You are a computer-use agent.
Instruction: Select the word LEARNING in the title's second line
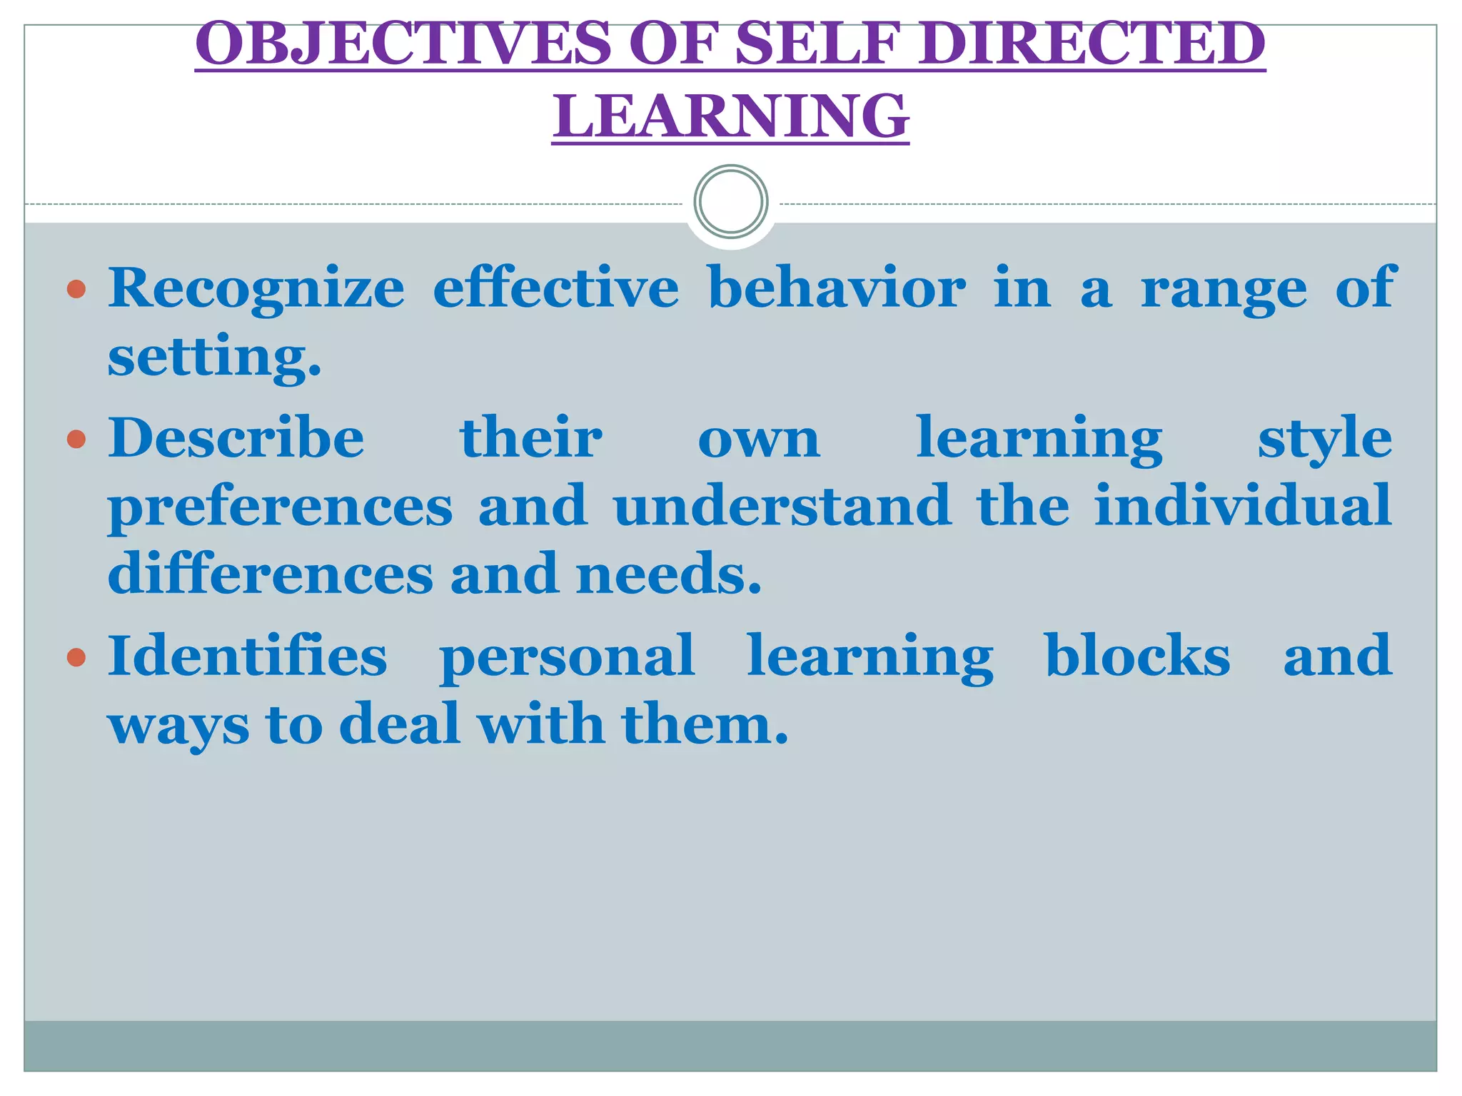click(x=730, y=116)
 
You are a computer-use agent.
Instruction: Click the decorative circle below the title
click(x=730, y=202)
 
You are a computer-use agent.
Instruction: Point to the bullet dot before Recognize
click(x=76, y=289)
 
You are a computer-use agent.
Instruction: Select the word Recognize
click(x=256, y=288)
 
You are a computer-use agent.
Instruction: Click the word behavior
click(x=837, y=288)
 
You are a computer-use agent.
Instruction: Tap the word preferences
click(x=281, y=507)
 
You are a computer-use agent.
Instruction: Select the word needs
click(x=669, y=574)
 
